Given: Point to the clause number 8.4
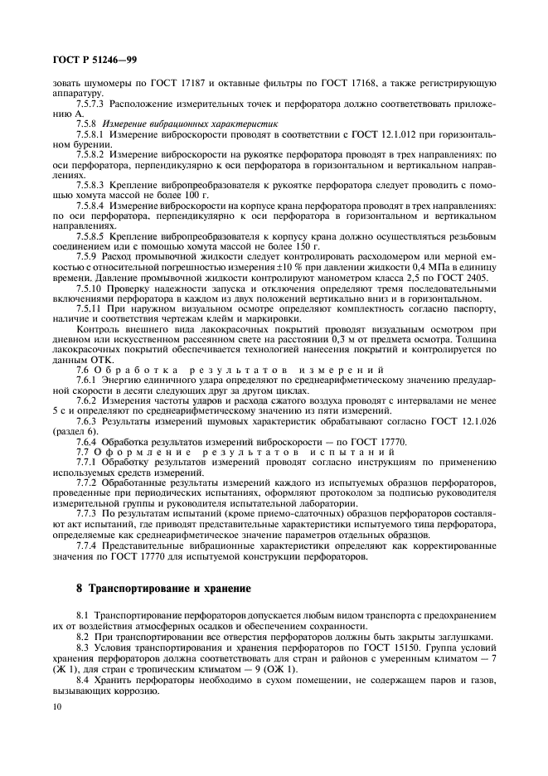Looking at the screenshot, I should click(x=84, y=678).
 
